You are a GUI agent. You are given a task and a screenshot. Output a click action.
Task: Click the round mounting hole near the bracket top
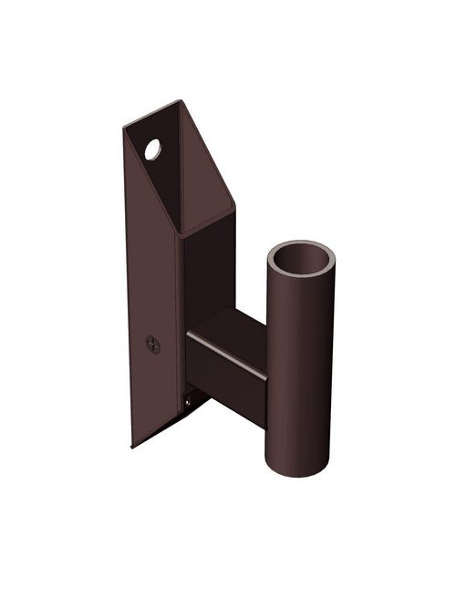point(152,147)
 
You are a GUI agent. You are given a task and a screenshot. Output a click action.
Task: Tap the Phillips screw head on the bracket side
point(153,345)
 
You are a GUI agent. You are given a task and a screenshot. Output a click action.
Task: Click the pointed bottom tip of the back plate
point(133,446)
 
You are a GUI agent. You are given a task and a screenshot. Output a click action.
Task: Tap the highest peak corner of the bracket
point(177,102)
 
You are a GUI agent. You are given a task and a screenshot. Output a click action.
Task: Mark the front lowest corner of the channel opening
point(181,236)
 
